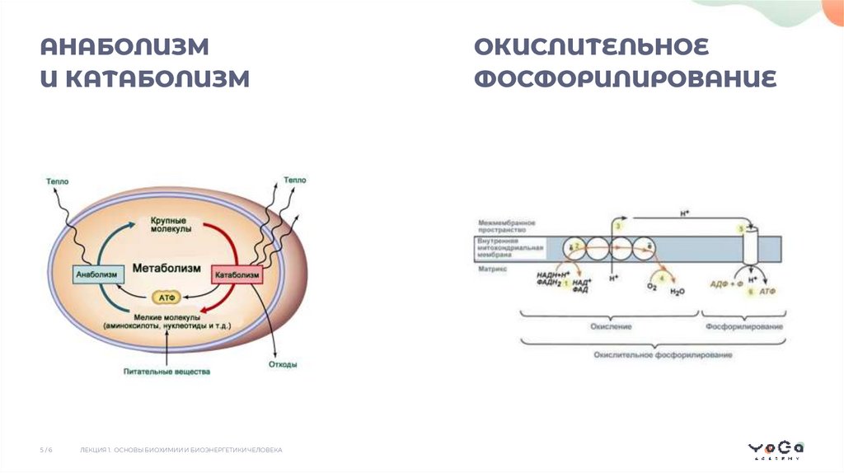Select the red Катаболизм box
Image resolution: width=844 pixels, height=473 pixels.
point(237,274)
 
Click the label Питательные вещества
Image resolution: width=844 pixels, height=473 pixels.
point(167,372)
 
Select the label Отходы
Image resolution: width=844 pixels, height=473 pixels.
point(283,364)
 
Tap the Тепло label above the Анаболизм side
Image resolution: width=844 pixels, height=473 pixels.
point(58,180)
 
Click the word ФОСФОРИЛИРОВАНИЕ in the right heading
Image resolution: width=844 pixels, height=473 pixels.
point(626,79)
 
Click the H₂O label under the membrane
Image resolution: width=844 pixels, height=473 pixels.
point(677,291)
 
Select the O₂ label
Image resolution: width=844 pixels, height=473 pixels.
point(650,287)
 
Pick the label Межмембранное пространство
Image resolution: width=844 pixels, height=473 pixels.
point(507,227)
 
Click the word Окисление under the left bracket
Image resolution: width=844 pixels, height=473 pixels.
point(611,327)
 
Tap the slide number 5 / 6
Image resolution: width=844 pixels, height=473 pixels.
point(46,450)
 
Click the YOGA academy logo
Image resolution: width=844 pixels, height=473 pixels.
point(776,449)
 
